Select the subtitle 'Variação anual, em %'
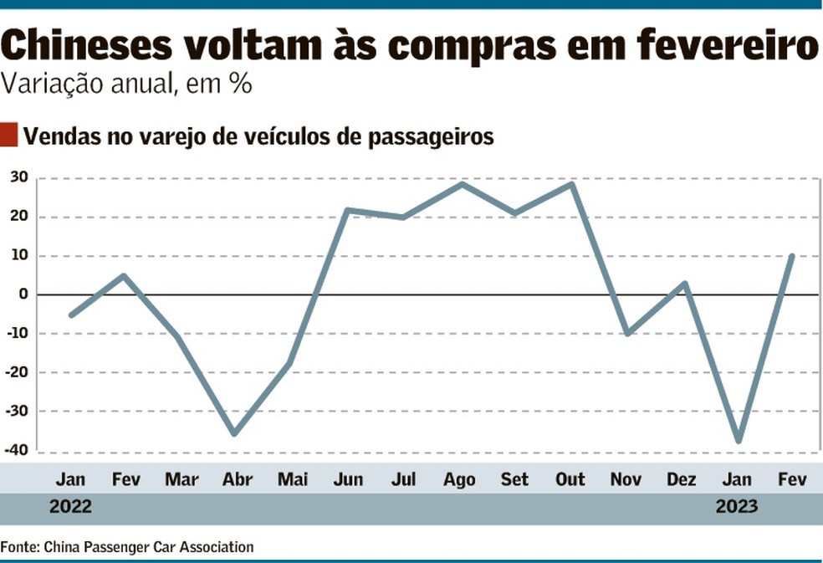pyautogui.click(x=125, y=84)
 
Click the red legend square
pyautogui.click(x=9, y=135)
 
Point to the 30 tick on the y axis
pyautogui.click(x=19, y=177)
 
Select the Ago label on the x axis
pyautogui.click(x=458, y=480)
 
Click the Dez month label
pyautogui.click(x=681, y=480)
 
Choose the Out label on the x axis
pyautogui.click(x=570, y=480)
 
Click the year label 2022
pyautogui.click(x=70, y=507)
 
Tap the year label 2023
pyautogui.click(x=736, y=507)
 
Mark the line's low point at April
pyautogui.click(x=235, y=434)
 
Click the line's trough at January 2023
pyautogui.click(x=738, y=441)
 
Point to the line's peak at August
pyautogui.click(x=462, y=183)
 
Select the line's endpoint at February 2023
pyautogui.click(x=791, y=256)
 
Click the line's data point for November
pyautogui.click(x=626, y=334)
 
